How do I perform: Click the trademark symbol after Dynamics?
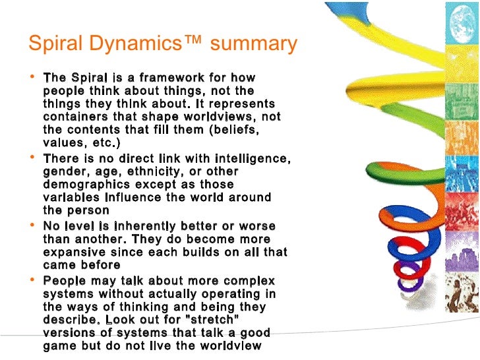(189, 42)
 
